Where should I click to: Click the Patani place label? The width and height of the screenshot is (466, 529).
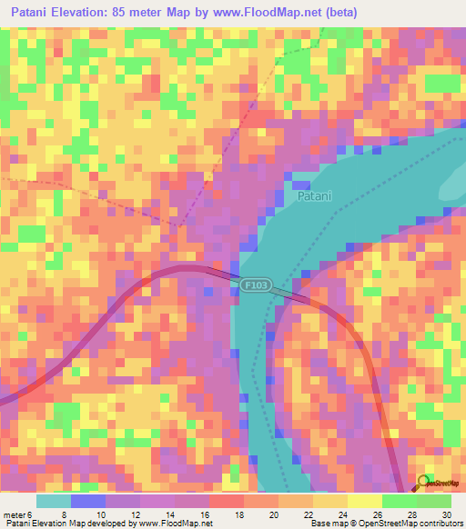314,195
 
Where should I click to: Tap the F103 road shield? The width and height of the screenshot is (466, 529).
255,285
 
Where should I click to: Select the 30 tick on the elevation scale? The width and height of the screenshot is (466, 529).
447,514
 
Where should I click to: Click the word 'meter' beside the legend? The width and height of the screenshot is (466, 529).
14,514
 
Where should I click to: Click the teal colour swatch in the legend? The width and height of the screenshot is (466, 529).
54,501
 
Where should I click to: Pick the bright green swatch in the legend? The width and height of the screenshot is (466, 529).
399,501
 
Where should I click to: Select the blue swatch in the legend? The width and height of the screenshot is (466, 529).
88,501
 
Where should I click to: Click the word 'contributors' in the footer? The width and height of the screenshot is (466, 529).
437,524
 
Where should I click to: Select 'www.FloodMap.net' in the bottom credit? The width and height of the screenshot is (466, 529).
178,524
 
